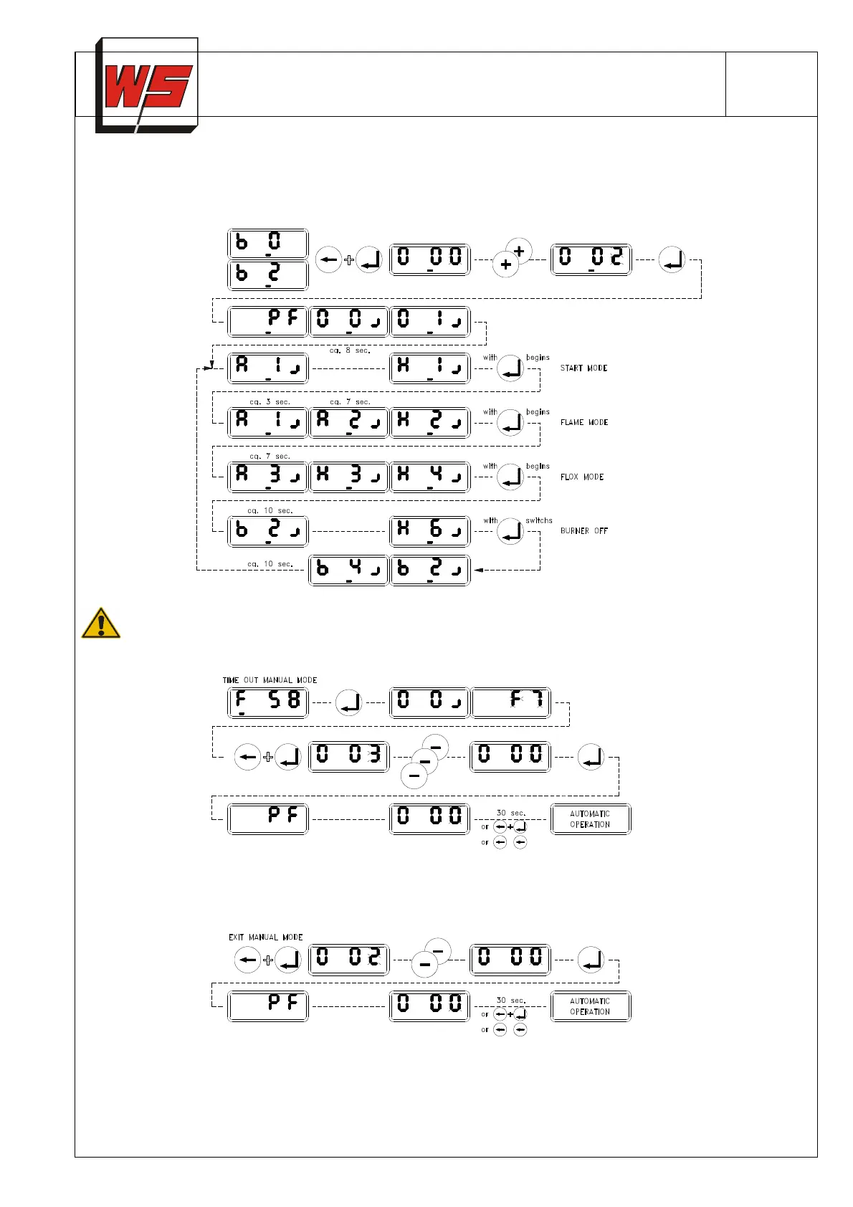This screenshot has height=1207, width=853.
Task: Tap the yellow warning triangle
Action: [100, 624]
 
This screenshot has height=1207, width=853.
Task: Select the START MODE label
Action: [583, 368]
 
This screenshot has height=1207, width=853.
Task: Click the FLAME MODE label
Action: [584, 423]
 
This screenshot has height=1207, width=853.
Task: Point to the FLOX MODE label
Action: [582, 477]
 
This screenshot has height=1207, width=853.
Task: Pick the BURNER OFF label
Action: [584, 531]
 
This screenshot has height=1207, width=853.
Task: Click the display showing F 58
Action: [267, 702]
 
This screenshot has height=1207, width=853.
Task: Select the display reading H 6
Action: [429, 531]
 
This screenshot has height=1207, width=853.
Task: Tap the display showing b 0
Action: [267, 244]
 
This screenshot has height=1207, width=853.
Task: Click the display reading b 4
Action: [348, 571]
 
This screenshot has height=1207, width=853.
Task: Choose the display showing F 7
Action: [510, 702]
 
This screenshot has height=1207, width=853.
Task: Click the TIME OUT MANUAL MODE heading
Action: [270, 680]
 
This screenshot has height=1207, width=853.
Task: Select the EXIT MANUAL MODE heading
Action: [265, 938]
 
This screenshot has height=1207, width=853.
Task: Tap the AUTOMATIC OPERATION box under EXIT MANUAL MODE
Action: [591, 1006]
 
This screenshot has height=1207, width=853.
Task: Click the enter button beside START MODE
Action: [510, 368]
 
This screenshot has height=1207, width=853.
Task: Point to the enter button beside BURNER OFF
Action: [510, 531]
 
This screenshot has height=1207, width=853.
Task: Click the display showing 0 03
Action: [348, 757]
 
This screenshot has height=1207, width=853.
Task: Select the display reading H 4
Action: [429, 477]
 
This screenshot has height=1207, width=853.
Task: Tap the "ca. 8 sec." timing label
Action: [350, 350]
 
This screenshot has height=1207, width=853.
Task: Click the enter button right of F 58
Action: [348, 702]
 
